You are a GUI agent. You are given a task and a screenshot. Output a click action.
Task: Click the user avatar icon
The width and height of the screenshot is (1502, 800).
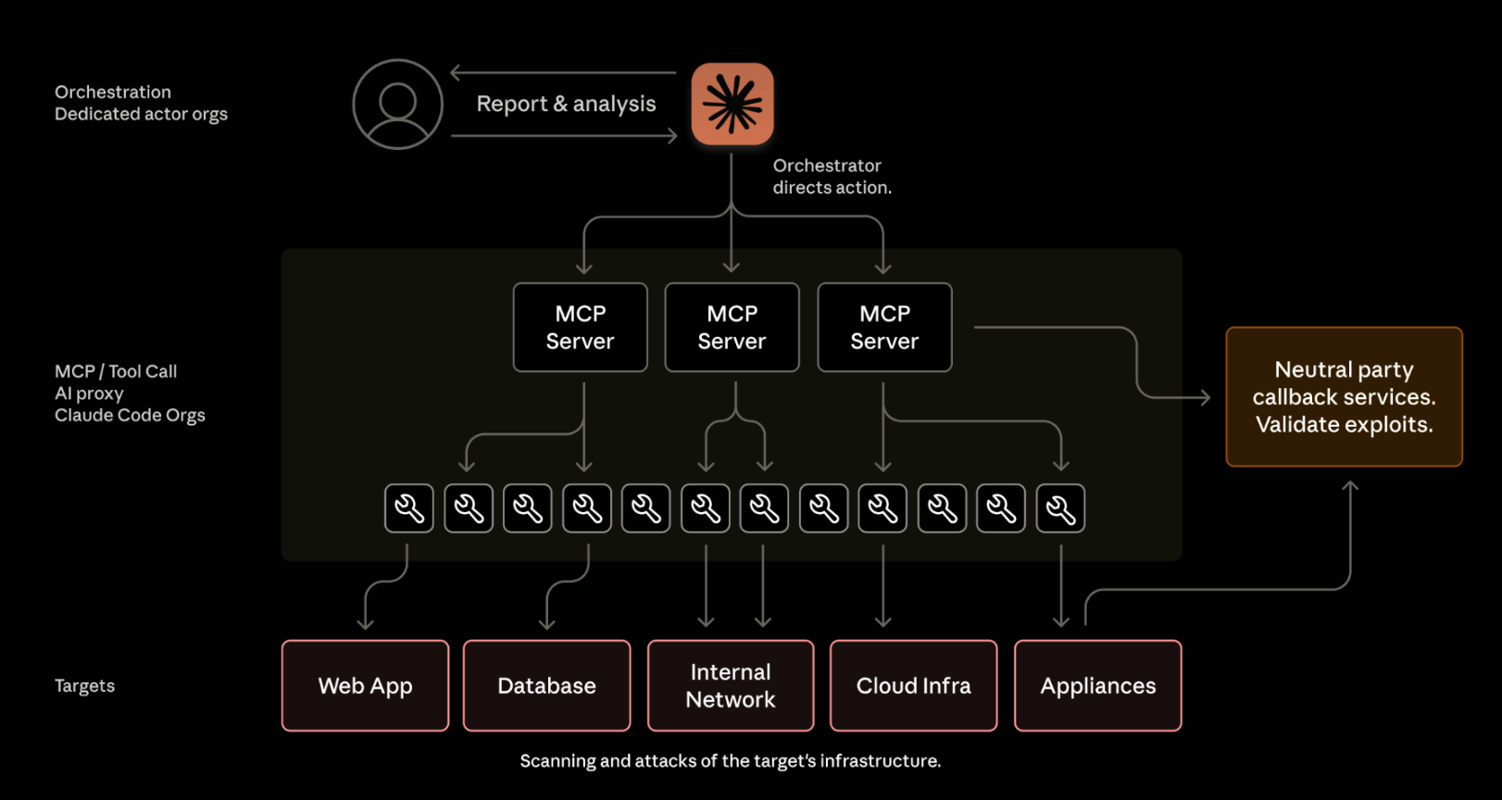[398, 105]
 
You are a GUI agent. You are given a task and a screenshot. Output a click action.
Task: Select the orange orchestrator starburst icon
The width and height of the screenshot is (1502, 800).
[732, 104]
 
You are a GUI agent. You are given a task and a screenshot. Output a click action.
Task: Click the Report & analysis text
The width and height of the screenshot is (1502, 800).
[566, 104]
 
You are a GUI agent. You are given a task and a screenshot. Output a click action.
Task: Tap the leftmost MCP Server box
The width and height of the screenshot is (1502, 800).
[581, 328]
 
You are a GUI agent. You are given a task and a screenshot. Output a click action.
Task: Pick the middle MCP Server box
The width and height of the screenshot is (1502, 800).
[732, 328]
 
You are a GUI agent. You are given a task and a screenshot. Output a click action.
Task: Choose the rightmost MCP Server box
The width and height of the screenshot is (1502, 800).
[884, 328]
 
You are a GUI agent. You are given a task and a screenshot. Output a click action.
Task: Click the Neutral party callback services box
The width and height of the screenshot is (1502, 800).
[1344, 396]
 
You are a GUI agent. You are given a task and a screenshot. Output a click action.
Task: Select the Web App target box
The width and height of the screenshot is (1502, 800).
[366, 686]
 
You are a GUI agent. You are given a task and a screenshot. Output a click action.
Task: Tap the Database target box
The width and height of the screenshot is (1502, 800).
[547, 686]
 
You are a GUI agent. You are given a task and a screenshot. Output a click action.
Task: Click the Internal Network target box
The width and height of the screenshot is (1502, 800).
[731, 686]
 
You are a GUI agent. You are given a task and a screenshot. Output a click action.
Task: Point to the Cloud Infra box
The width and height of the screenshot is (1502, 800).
[914, 686]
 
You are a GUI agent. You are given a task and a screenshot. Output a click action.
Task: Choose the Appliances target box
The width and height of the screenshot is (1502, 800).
[1098, 686]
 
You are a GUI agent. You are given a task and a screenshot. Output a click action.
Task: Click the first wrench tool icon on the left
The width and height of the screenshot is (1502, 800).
[409, 508]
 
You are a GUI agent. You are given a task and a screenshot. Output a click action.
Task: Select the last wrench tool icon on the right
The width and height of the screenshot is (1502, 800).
[1060, 508]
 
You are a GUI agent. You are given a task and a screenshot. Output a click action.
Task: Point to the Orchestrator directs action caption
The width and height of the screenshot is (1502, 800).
[832, 176]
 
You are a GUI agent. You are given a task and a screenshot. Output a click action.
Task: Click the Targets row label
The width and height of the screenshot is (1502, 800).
[85, 686]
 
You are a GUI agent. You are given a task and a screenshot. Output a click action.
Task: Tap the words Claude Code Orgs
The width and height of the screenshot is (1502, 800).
[130, 416]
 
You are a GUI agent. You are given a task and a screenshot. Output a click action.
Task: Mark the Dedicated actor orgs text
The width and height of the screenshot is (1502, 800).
[141, 114]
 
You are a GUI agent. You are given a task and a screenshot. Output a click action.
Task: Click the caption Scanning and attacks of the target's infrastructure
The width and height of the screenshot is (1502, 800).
[730, 761]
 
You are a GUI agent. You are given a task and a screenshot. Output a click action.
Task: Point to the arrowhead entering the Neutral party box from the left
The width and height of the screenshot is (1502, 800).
[1205, 397]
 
